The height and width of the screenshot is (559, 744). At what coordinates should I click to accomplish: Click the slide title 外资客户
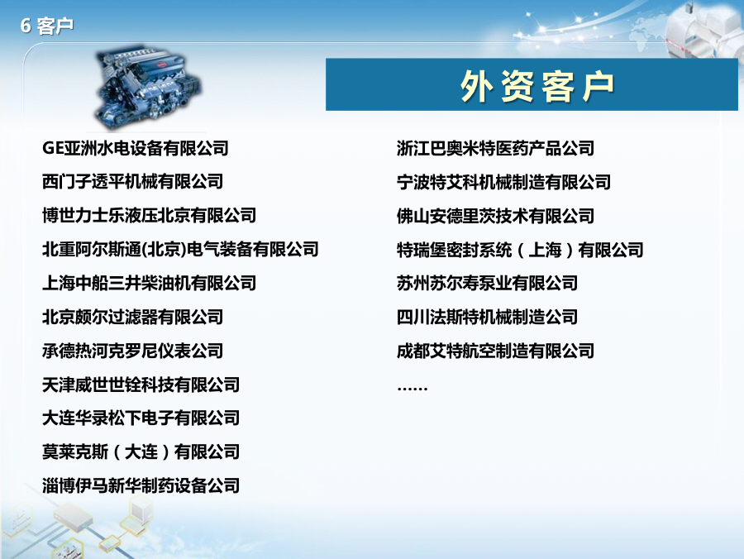[x=537, y=86]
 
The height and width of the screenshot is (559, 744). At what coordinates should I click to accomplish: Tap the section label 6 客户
[x=47, y=26]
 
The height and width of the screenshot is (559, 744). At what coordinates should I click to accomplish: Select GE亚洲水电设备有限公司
[x=135, y=149]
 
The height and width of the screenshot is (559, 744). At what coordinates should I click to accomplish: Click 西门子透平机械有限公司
[x=132, y=182]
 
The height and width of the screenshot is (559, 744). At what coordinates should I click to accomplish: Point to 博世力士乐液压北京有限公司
[x=149, y=216]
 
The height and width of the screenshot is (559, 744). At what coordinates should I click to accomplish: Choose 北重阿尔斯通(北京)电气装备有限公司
[x=180, y=249]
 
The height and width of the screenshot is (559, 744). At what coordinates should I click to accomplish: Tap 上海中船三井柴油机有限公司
[x=149, y=283]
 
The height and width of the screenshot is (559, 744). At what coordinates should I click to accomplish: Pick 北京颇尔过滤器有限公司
[x=132, y=317]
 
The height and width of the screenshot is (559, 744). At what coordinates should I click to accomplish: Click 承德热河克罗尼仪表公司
[x=132, y=351]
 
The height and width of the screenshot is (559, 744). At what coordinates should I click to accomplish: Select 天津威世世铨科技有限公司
[x=141, y=385]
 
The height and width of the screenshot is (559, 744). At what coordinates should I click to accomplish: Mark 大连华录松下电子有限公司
[x=141, y=418]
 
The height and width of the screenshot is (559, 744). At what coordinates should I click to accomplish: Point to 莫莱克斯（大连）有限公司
[x=141, y=451]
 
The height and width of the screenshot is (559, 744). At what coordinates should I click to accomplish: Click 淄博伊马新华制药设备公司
[x=141, y=485]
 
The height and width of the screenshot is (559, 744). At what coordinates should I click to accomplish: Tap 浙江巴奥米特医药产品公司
[x=495, y=149]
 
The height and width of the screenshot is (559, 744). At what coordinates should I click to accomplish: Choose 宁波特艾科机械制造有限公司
[x=503, y=182]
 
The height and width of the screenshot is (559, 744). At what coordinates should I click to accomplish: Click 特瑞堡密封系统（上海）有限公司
[x=520, y=250]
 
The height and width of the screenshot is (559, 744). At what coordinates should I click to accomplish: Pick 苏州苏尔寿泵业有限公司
[x=487, y=283]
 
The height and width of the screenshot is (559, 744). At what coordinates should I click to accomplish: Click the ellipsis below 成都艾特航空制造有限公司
[x=412, y=386]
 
